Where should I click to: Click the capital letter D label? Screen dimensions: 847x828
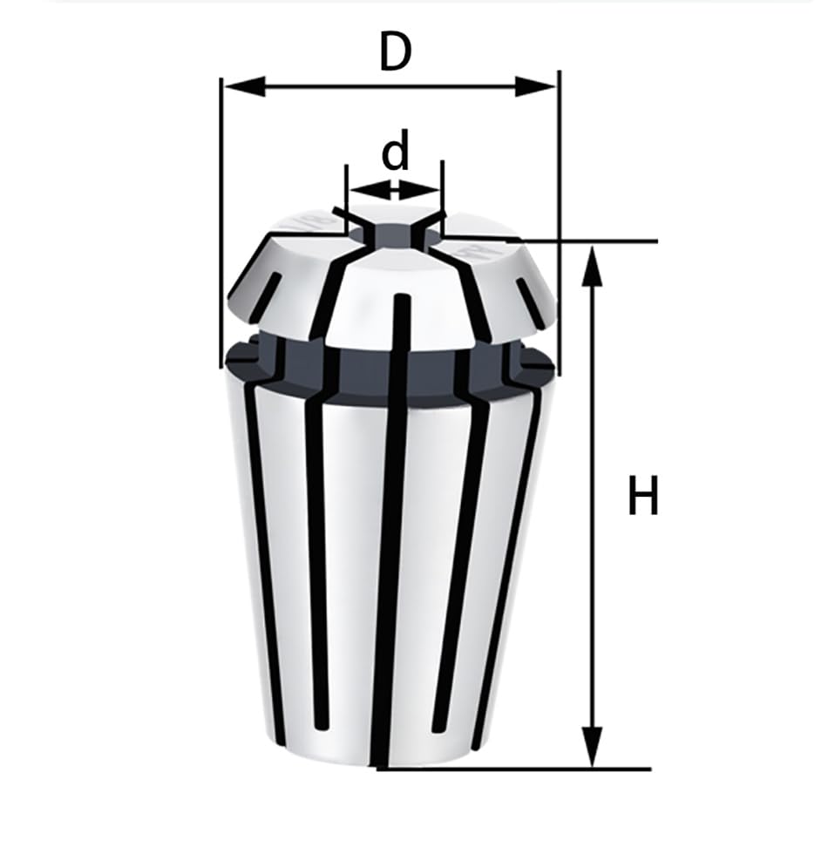[x=394, y=53]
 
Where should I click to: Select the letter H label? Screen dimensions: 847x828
[x=643, y=498]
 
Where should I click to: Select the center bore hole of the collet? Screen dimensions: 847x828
[x=397, y=234]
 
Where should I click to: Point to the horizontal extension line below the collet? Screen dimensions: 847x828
[x=523, y=769]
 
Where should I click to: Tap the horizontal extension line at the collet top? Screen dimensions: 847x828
[x=593, y=240]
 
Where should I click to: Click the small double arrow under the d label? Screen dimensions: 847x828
[x=395, y=189]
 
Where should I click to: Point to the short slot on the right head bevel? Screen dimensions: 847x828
[x=529, y=293]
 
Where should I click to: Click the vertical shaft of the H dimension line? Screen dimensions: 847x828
[x=593, y=505]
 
